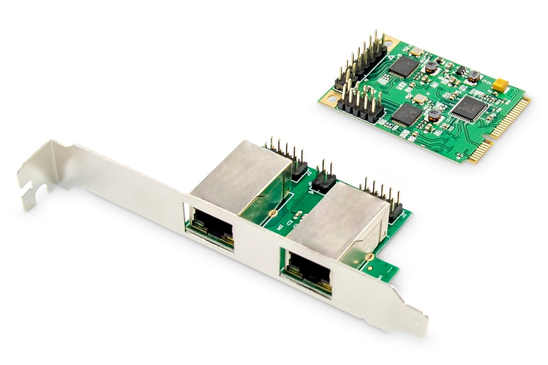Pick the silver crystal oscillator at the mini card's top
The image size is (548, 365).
[416, 52]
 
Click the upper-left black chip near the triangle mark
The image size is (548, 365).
[404, 66]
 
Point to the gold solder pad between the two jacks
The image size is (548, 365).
[273, 213]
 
